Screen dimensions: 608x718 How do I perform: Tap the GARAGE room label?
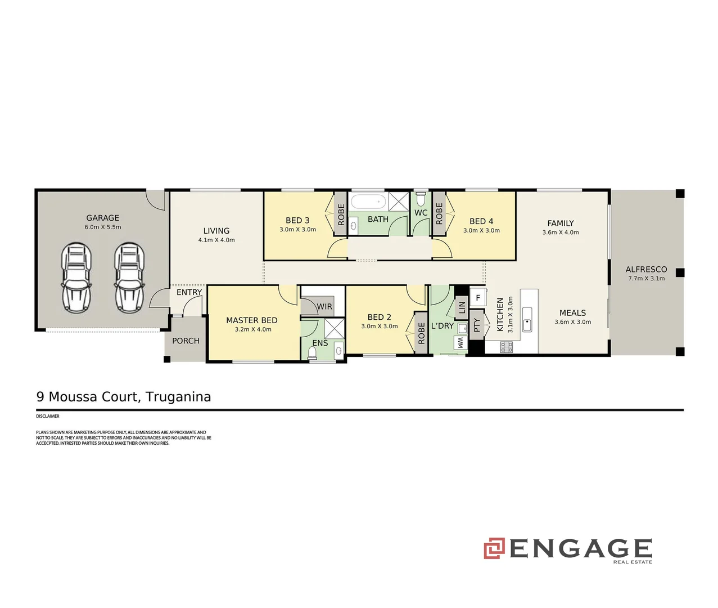102,218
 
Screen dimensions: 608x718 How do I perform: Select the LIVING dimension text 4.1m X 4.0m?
216,240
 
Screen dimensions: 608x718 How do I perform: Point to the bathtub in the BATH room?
368,202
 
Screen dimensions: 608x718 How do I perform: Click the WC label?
421,213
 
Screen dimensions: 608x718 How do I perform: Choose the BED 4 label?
481,221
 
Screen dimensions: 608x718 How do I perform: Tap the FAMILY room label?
561,223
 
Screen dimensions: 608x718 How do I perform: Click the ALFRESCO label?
646,269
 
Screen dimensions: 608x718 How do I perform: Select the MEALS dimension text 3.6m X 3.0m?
572,322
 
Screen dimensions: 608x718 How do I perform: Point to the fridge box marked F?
478,298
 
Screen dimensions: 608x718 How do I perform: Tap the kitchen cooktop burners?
506,347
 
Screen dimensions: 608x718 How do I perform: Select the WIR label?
324,307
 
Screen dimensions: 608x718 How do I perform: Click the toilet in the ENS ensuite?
313,352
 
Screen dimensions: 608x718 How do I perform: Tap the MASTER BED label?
251,320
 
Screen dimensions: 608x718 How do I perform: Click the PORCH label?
186,341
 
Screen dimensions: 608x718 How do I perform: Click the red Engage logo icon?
494,548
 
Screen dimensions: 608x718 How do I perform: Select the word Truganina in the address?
178,397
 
